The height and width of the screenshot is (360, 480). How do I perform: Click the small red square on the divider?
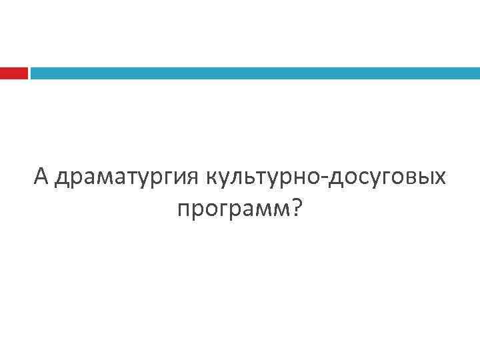[13, 73]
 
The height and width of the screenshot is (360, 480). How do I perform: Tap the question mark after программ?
[295, 209]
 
